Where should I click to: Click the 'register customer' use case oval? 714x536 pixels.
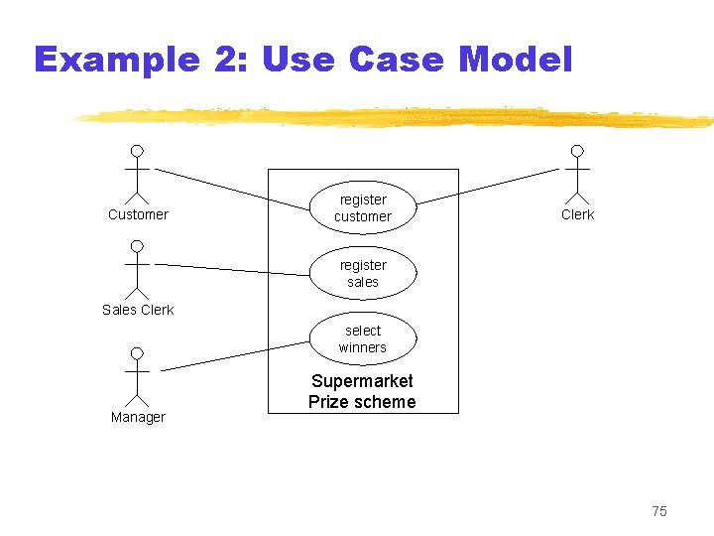click(x=362, y=207)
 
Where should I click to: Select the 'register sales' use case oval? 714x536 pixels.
click(x=362, y=273)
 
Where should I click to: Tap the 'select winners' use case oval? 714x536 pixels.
click(x=362, y=338)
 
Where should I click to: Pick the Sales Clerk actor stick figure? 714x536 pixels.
click(x=137, y=269)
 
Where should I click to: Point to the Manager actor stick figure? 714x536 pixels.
click(x=137, y=374)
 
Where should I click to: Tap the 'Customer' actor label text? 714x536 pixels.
click(x=138, y=214)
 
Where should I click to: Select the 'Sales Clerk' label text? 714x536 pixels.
click(x=138, y=310)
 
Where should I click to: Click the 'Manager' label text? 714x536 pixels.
click(x=138, y=417)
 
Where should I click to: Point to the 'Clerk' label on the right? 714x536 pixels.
click(x=577, y=214)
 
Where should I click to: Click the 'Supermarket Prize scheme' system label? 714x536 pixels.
click(x=362, y=391)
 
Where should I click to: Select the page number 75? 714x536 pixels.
click(x=659, y=511)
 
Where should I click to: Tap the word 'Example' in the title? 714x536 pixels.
click(x=116, y=60)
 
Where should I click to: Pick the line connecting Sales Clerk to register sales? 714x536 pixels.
click(x=233, y=268)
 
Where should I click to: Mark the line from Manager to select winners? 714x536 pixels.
click(x=236, y=355)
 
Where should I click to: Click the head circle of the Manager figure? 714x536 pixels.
click(x=137, y=352)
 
